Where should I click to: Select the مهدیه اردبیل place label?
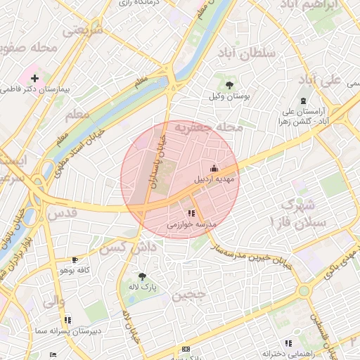[215, 179]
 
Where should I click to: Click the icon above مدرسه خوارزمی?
[191, 213]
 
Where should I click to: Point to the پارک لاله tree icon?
[143, 276]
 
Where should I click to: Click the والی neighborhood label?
[53, 302]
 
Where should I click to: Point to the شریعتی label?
[82, 30]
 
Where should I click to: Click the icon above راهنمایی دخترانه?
[288, 342]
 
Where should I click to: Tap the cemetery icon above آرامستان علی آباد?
[303, 101]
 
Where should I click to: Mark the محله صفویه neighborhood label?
[28, 48]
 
